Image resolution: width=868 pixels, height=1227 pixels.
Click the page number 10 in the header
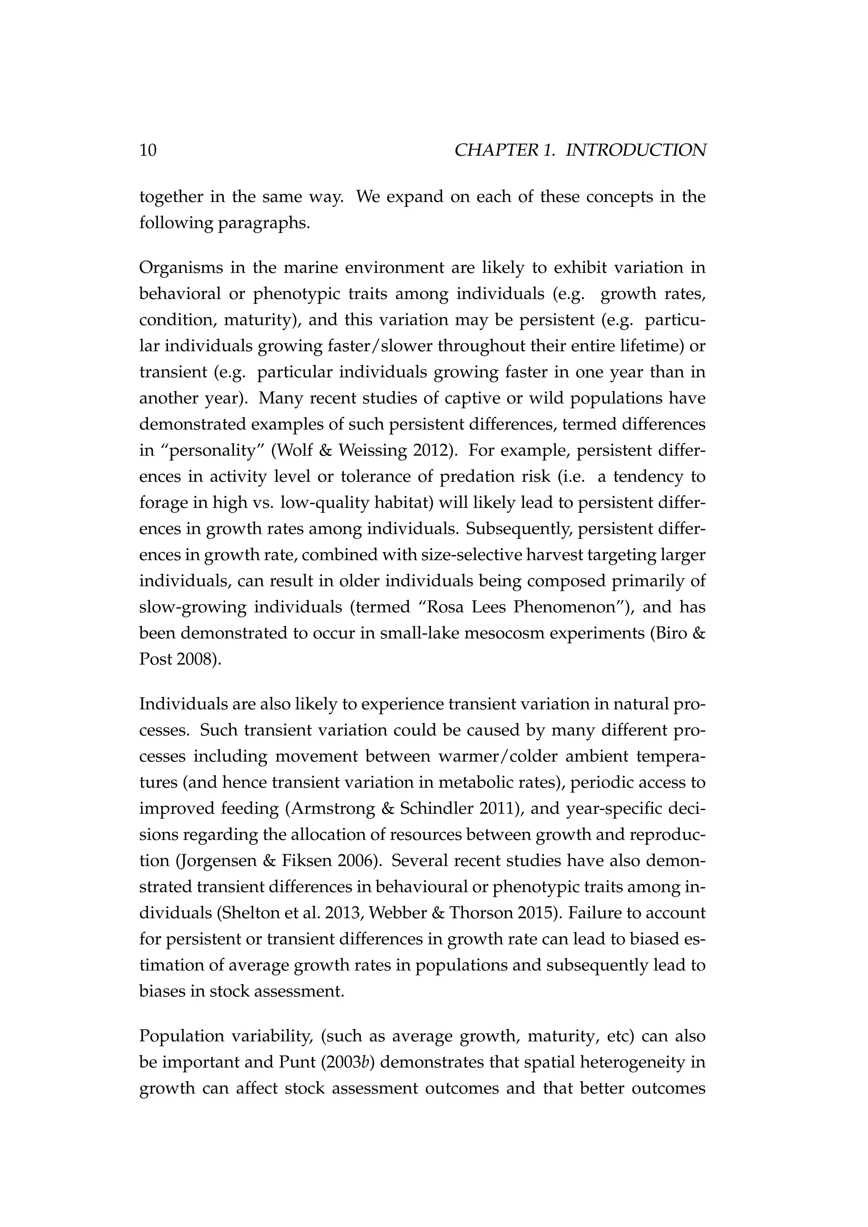coord(148,151)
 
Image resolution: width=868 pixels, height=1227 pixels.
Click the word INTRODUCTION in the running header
coord(635,151)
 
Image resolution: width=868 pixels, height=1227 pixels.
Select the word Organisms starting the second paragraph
coord(180,268)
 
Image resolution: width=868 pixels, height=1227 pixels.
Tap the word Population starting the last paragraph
coord(180,1036)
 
